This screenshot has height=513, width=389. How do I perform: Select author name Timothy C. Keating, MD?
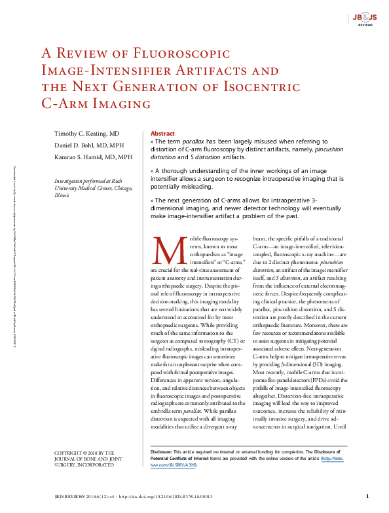point(86,133)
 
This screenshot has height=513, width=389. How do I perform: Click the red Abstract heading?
point(162,132)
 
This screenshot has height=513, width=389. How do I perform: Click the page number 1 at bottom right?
point(367,497)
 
